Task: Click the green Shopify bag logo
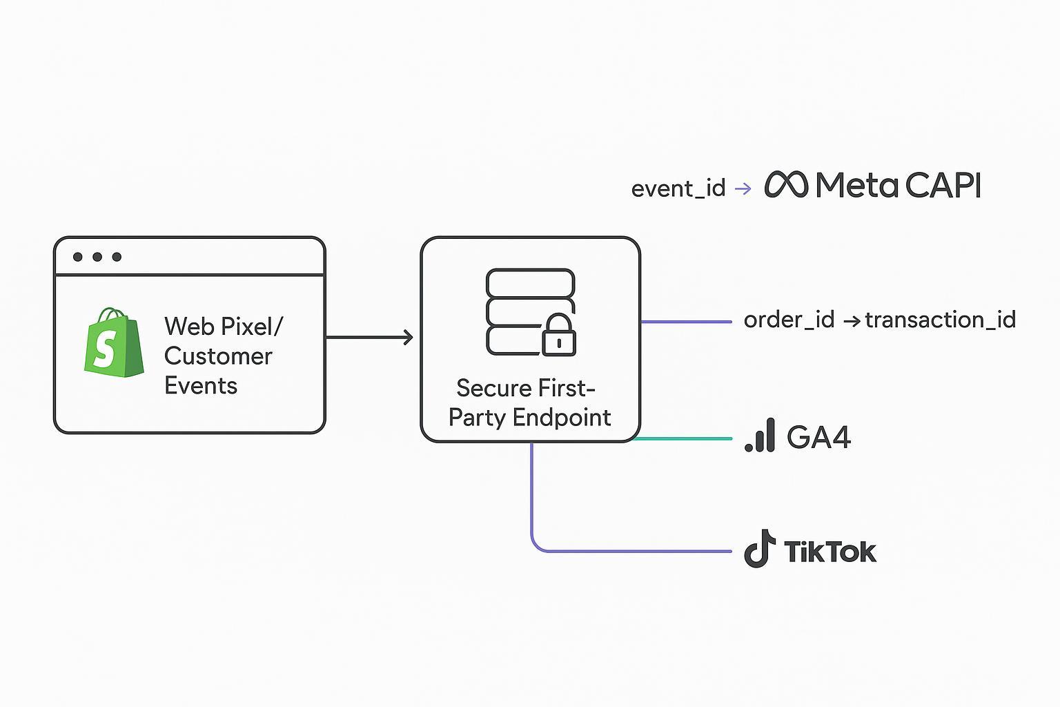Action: pyautogui.click(x=114, y=343)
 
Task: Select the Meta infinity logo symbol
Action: pyautogui.click(x=786, y=185)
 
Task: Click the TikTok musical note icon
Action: pyautogui.click(x=759, y=550)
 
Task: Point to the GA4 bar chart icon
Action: pyautogui.click(x=760, y=436)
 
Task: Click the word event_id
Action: pyautogui.click(x=678, y=188)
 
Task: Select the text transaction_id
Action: pyautogui.click(x=940, y=320)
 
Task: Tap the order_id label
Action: pyautogui.click(x=789, y=320)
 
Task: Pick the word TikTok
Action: pyautogui.click(x=830, y=552)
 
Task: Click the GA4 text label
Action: pyautogui.click(x=818, y=437)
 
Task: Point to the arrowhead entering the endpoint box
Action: pyautogui.click(x=409, y=337)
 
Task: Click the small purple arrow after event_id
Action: pyautogui.click(x=743, y=188)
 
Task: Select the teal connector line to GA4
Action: pyautogui.click(x=683, y=438)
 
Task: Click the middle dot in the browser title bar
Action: pyautogui.click(x=97, y=257)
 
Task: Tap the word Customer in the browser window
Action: pyautogui.click(x=218, y=356)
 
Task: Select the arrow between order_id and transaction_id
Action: pyautogui.click(x=851, y=320)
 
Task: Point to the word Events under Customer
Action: pyautogui.click(x=201, y=386)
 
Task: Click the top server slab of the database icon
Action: pyautogui.click(x=530, y=283)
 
